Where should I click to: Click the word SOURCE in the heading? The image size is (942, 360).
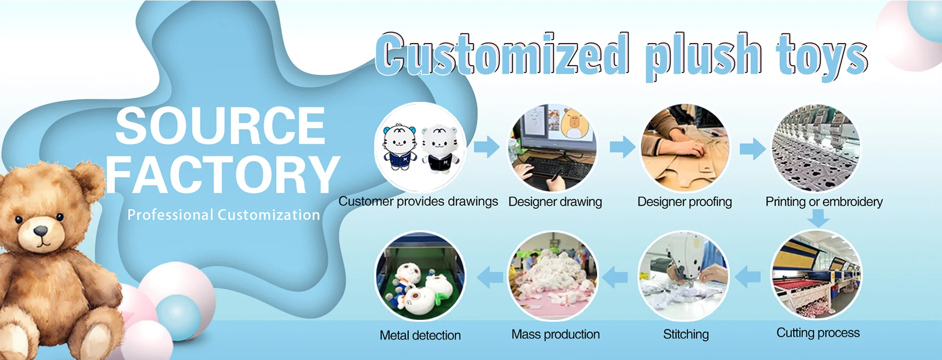[220, 126]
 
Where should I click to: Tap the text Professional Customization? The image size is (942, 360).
[223, 215]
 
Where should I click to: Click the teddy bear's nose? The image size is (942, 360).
[40, 231]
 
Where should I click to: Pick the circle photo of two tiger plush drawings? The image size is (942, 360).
[419, 147]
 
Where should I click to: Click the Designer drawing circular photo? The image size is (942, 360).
[552, 147]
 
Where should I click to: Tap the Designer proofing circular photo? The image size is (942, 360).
[685, 147]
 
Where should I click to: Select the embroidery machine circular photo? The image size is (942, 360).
[816, 147]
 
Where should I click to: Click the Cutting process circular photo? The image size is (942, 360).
[816, 275]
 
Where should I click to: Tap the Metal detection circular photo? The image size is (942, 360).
[420, 276]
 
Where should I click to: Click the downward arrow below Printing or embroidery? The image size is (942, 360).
[818, 218]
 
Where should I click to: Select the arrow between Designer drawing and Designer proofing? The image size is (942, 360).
[622, 147]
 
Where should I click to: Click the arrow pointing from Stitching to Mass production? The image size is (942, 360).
[615, 277]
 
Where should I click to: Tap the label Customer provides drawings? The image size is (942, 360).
[418, 202]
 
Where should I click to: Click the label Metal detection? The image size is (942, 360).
[420, 335]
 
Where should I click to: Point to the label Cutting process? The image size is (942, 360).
[818, 333]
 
